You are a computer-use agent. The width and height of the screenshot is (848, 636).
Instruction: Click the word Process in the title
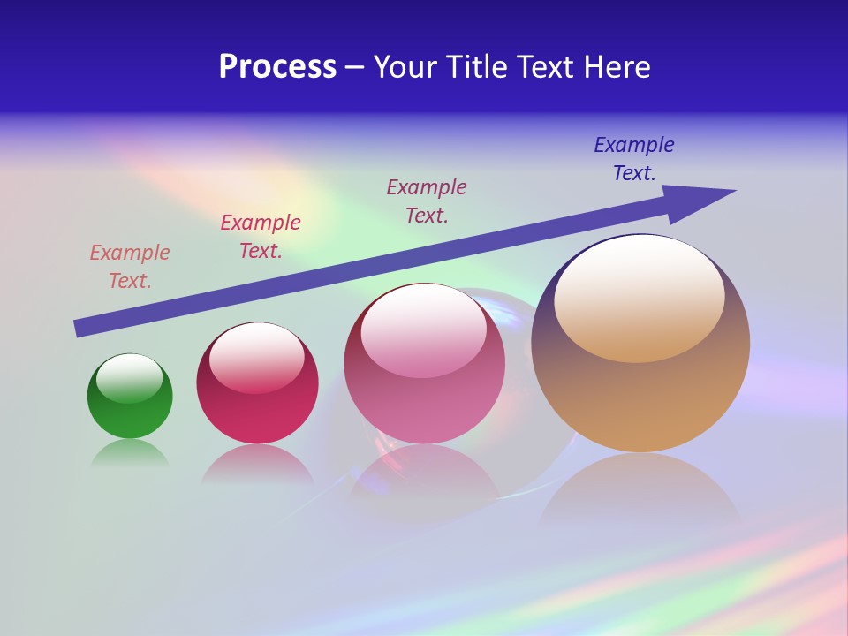(x=277, y=67)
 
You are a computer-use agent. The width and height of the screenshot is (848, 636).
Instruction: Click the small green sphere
(x=130, y=415)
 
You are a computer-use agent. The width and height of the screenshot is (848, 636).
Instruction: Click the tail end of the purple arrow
(x=79, y=328)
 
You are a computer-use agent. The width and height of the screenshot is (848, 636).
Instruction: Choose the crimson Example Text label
(x=261, y=237)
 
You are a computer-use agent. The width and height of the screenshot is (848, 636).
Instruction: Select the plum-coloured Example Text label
(x=427, y=201)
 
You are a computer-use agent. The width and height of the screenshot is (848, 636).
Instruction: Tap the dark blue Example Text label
(x=634, y=159)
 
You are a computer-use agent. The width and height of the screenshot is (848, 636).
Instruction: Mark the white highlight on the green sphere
(x=130, y=377)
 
